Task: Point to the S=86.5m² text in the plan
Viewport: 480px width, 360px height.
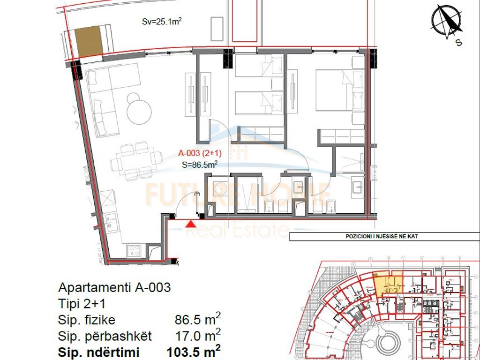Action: click(x=199, y=165)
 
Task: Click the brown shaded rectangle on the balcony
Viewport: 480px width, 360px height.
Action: click(x=89, y=41)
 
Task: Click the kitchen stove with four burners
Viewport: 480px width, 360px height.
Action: click(x=134, y=251)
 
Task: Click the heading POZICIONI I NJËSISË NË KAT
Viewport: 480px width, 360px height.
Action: click(x=379, y=237)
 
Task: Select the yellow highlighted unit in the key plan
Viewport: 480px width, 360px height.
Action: click(x=388, y=284)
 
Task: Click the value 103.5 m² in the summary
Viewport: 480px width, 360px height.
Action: click(x=194, y=351)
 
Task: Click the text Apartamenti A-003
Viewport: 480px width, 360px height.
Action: click(x=114, y=287)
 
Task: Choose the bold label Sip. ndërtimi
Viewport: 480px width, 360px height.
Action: click(x=99, y=352)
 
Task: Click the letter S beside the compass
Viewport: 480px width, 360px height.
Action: click(x=459, y=43)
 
